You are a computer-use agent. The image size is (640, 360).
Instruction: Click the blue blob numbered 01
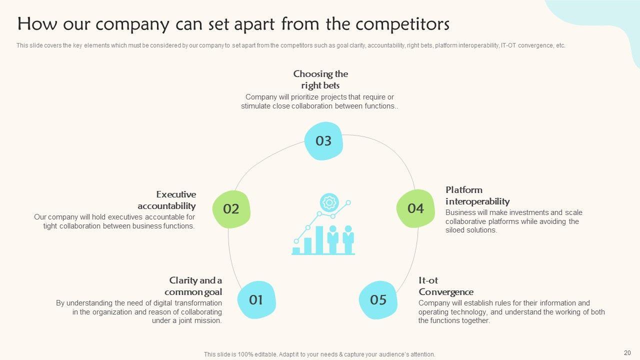pos(256,299)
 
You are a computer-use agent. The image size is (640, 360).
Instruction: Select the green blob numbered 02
pos(231,209)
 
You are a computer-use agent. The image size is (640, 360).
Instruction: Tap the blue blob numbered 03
pos(323,141)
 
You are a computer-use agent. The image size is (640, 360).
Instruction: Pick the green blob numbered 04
pos(415,208)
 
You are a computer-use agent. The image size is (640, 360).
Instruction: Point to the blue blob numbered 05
pos(378,299)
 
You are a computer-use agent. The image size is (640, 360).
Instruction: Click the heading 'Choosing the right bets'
pos(320,79)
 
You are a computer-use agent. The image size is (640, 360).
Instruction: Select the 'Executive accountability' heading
pos(167,200)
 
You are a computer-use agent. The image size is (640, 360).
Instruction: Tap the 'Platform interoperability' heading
pos(477,195)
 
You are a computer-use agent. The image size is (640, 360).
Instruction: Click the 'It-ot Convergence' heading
pos(445,286)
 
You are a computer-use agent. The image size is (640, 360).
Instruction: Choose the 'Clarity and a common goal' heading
pos(193,286)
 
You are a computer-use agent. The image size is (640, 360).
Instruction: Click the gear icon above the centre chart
pos(329,202)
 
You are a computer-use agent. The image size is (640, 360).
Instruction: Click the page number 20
pos(627,352)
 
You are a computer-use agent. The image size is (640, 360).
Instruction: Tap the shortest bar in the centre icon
pos(296,250)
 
